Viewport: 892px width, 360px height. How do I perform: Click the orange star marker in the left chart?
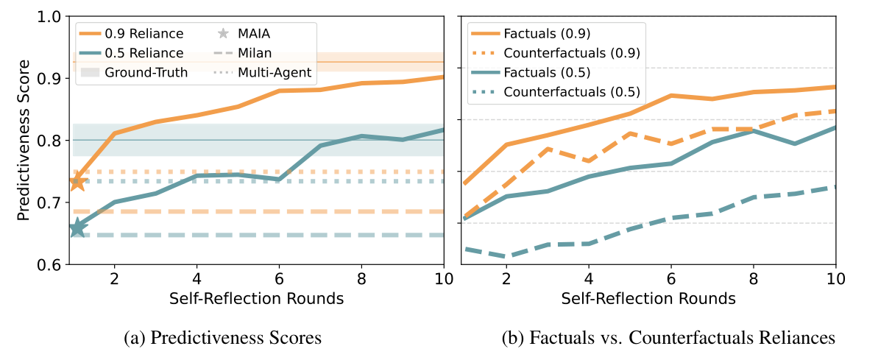point(77,181)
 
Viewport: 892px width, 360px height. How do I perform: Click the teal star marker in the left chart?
point(77,227)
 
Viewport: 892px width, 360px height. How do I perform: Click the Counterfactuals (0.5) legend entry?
point(571,92)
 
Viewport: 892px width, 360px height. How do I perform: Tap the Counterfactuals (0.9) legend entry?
point(571,52)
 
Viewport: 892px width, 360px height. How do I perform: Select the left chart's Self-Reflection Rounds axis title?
point(256,299)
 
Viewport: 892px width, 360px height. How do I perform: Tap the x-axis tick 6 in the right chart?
point(670,280)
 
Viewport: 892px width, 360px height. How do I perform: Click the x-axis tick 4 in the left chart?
point(197,280)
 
